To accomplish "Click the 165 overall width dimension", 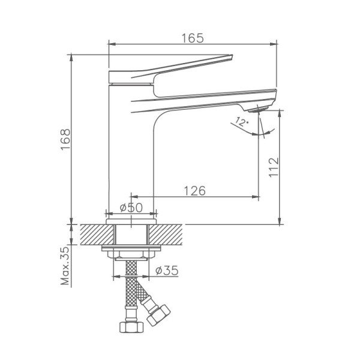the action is [193, 38].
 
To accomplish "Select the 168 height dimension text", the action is [65, 139].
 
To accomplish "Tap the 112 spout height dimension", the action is [274, 167].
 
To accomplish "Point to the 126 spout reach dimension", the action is [194, 191].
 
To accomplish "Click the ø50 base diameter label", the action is [131, 208].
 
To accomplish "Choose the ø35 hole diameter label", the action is [167, 270].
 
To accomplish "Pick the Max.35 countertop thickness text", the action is [65, 266].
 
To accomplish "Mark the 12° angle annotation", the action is [242, 121].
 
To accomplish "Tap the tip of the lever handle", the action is [232, 55].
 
